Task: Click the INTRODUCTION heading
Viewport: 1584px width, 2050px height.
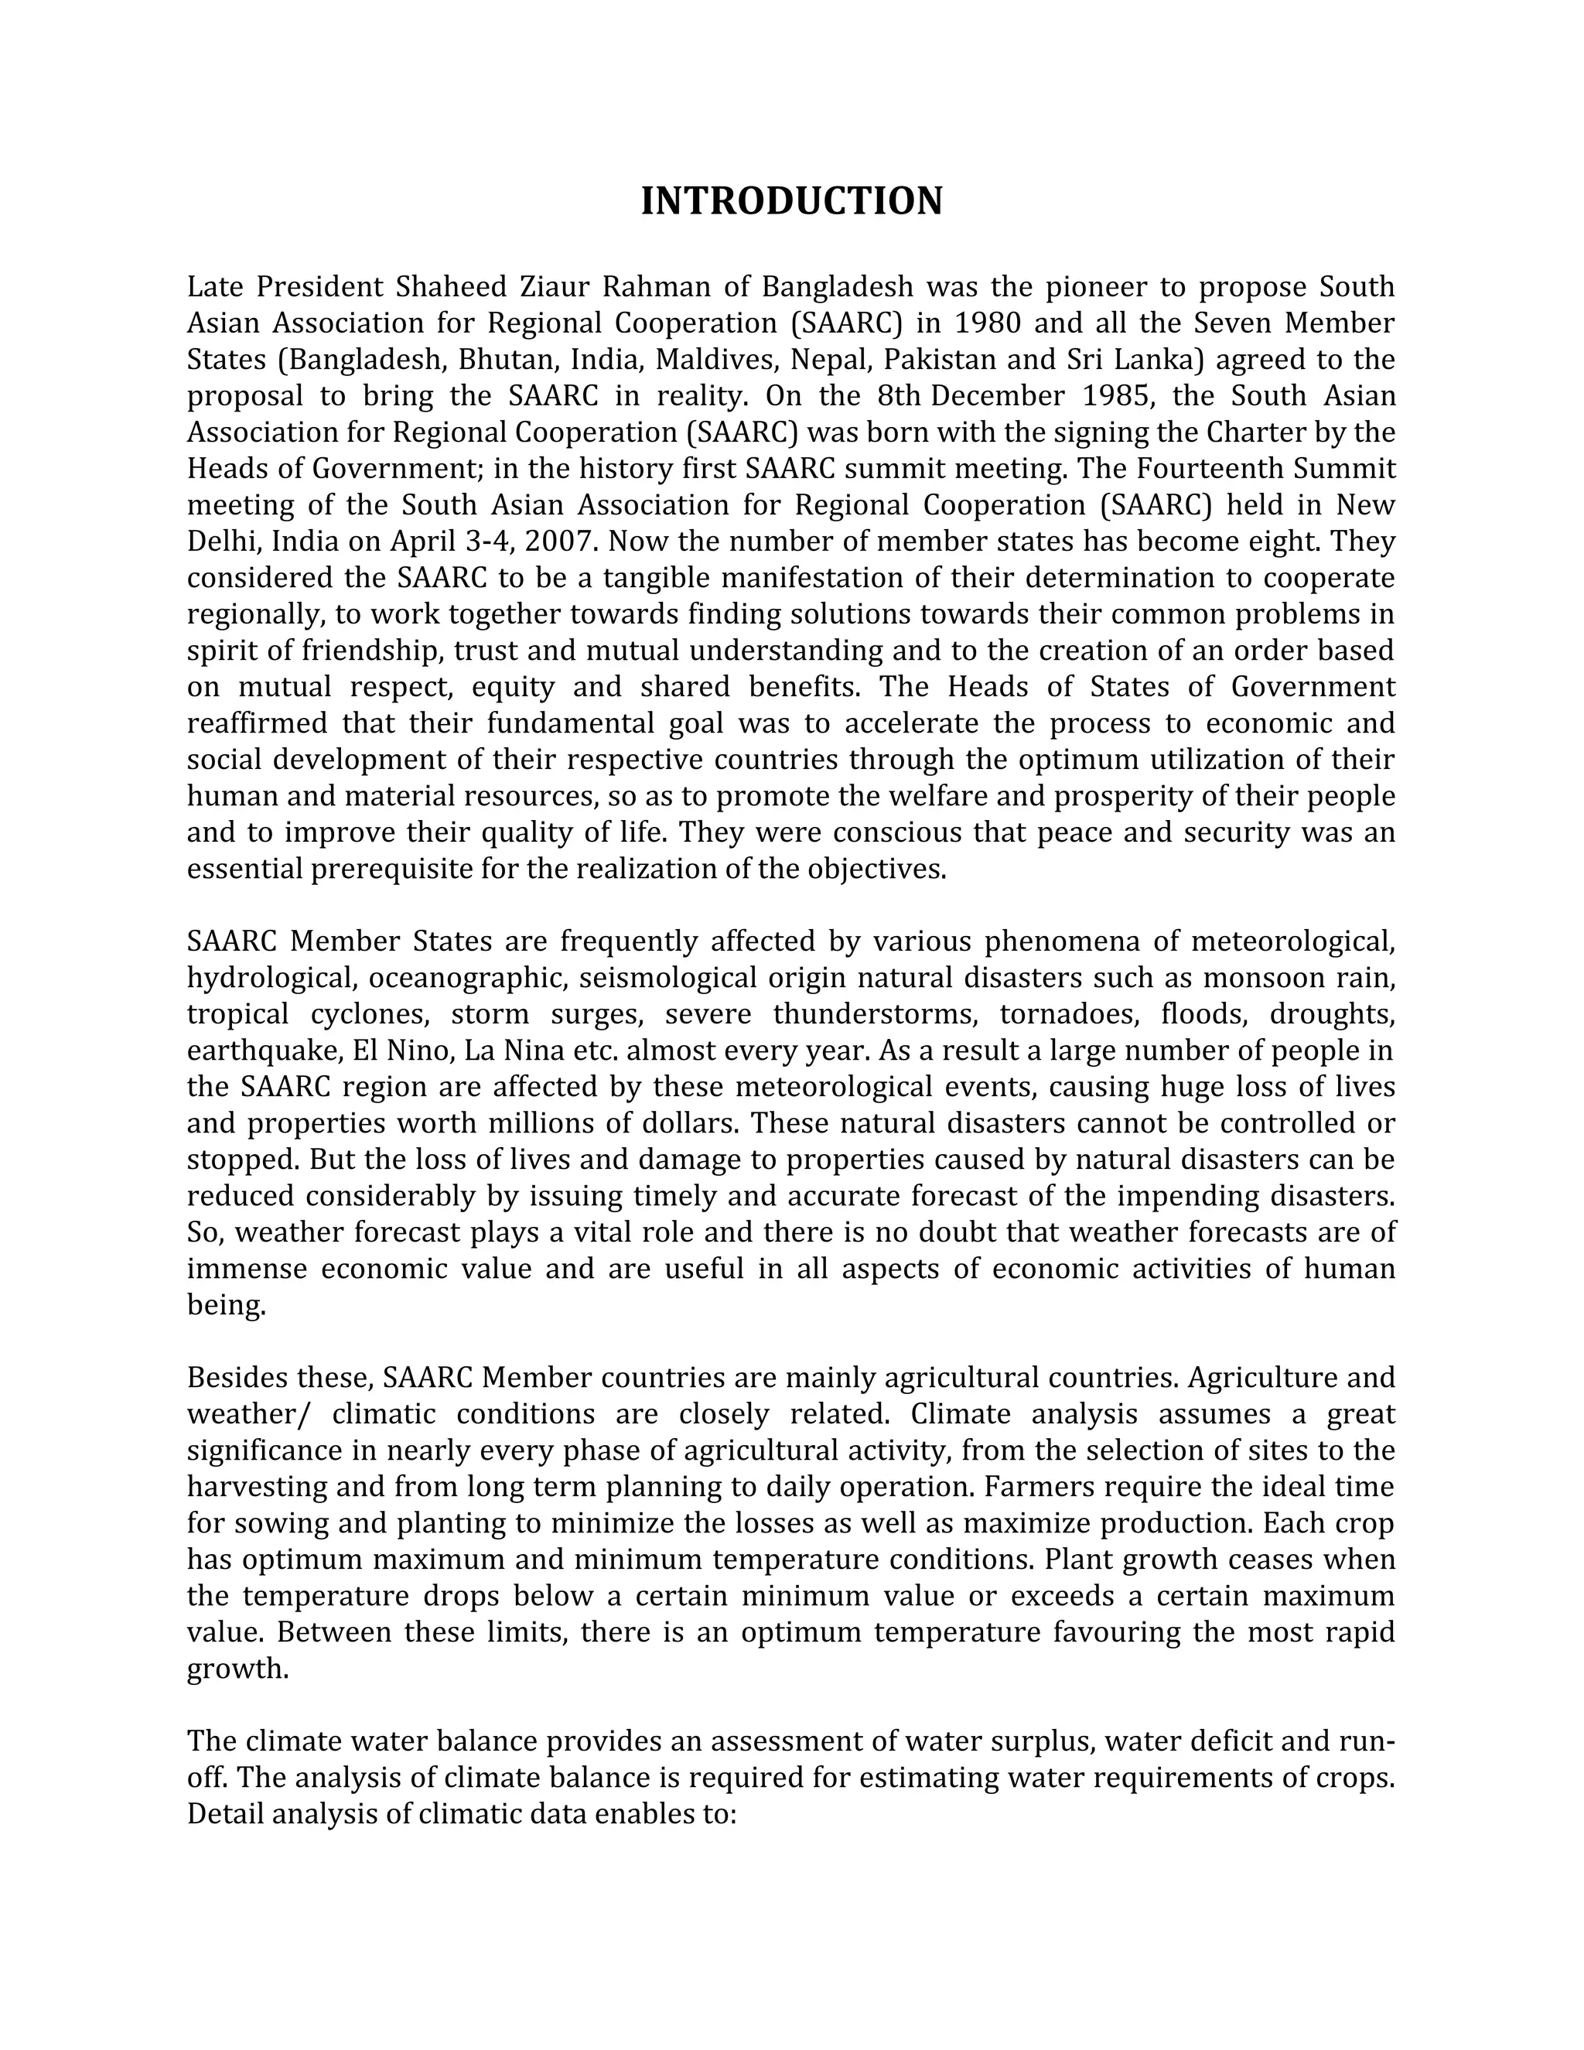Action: tap(791, 202)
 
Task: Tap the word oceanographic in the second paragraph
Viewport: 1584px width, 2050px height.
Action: tap(466, 978)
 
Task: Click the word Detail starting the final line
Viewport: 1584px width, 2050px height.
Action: tap(225, 1814)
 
